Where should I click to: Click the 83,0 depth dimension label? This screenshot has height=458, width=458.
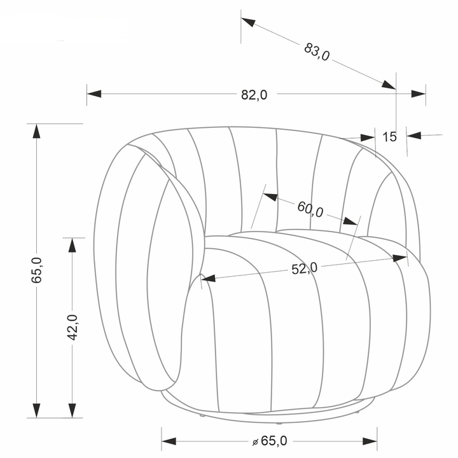pyautogui.click(x=317, y=52)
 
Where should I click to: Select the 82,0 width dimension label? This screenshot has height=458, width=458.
pyautogui.click(x=254, y=95)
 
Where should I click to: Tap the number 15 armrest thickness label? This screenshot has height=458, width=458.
pyautogui.click(x=390, y=137)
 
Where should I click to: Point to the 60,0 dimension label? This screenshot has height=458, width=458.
pyautogui.click(x=310, y=209)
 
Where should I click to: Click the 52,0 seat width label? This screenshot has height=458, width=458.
pyautogui.click(x=304, y=268)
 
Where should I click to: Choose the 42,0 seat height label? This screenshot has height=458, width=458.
pyautogui.click(x=72, y=328)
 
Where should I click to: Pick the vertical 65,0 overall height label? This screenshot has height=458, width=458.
pyautogui.click(x=36, y=270)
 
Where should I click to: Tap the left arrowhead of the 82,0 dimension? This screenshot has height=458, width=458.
pyautogui.click(x=94, y=94)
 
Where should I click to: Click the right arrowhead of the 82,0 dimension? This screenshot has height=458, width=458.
pyautogui.click(x=419, y=94)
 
